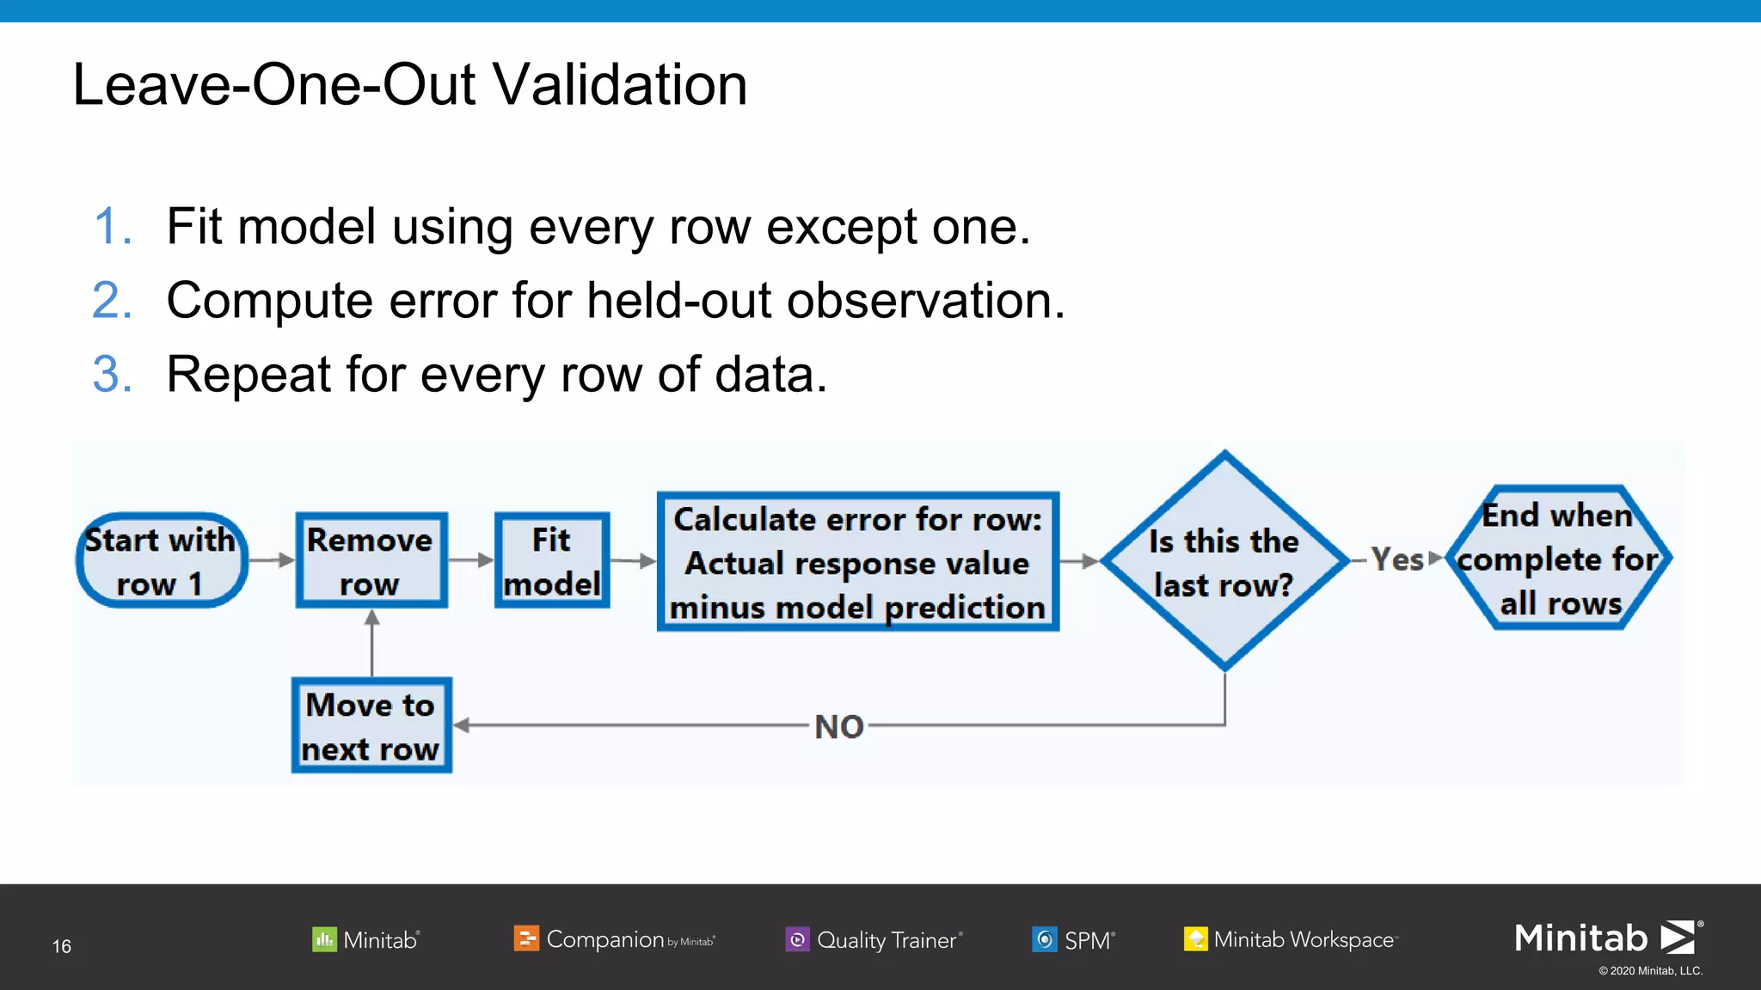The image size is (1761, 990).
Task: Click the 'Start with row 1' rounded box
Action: [162, 561]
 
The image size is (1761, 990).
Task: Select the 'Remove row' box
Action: [371, 561]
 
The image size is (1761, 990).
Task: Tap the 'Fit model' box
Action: [552, 561]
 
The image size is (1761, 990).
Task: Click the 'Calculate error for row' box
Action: [857, 562]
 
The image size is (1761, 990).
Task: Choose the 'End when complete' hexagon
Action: [1558, 559]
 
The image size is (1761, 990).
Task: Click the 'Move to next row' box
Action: [371, 726]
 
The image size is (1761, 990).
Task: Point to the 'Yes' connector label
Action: [1397, 559]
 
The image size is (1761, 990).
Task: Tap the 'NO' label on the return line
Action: [839, 727]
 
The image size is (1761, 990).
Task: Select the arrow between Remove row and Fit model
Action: [471, 560]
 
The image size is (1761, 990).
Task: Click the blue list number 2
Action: [112, 302]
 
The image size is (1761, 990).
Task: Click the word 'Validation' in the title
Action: [623, 85]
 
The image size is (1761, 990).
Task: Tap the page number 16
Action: [62, 946]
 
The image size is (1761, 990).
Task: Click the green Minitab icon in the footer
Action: [324, 939]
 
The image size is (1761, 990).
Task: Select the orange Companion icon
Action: [525, 938]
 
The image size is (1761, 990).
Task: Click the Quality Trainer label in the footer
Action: [888, 940]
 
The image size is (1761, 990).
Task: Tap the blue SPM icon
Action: [1044, 939]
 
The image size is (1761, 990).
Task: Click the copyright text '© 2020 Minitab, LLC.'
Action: [1650, 971]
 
